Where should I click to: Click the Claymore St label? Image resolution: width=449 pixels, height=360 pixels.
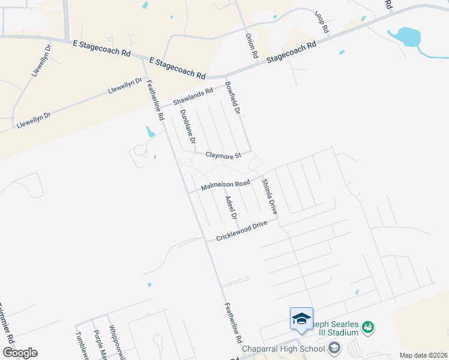point(223,155)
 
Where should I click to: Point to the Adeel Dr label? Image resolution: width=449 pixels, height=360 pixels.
point(231,207)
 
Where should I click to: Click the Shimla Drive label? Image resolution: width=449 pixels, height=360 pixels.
point(268,196)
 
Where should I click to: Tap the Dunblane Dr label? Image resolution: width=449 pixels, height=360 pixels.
point(187,127)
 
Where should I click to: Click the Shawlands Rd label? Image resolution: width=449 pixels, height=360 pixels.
point(193,96)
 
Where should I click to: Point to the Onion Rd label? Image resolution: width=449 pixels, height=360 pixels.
point(252,46)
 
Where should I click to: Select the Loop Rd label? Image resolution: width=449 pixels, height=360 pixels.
point(322,22)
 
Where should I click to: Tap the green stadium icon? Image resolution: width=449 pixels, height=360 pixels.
point(367,327)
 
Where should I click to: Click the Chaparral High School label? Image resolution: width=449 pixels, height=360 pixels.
point(282,348)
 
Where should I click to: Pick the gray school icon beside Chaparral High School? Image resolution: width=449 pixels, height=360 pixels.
point(334,347)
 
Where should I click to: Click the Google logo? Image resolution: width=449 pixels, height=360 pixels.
point(20,353)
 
